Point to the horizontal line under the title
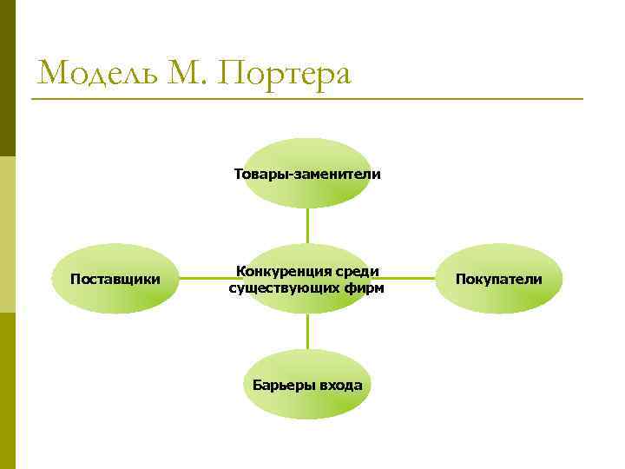(307, 99)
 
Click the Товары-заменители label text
(306, 174)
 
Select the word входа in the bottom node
(341, 385)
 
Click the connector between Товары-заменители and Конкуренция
(307, 225)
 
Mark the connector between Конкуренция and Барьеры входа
(307, 331)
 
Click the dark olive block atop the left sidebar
(8, 78)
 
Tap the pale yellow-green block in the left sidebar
(8, 234)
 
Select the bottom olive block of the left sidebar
(8, 391)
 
